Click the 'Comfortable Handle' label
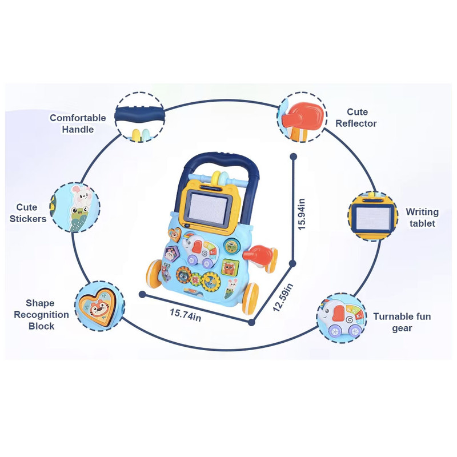tap(78, 123)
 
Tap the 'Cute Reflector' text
tap(356, 118)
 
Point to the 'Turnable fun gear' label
tap(402, 322)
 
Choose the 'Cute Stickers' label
tap(28, 213)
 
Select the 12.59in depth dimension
tap(282, 297)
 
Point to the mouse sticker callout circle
tap(75, 207)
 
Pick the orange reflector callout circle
tap(302, 117)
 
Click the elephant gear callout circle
tap(341, 318)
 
